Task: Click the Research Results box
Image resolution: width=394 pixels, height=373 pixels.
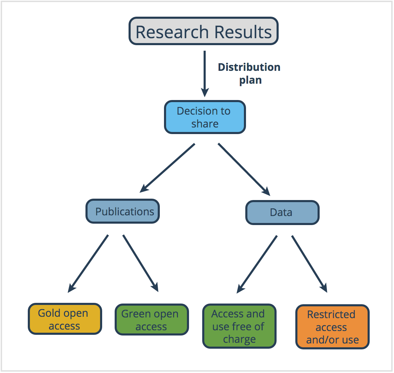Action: (x=204, y=31)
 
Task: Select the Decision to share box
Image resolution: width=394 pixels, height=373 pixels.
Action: (x=205, y=117)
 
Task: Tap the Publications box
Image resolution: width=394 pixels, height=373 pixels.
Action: (x=123, y=211)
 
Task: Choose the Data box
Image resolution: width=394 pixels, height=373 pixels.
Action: (x=282, y=213)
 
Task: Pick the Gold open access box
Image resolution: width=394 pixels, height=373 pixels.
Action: (x=65, y=319)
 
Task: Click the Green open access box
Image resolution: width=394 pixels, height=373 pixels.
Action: (x=152, y=320)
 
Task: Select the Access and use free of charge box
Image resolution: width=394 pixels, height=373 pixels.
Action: (x=239, y=326)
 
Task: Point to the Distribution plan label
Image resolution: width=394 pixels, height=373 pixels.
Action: (x=249, y=74)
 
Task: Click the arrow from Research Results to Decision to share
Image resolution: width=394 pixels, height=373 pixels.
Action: (x=205, y=74)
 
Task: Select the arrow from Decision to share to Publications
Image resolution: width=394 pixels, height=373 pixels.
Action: (x=167, y=168)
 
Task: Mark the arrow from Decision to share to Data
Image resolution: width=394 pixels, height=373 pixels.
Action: (x=244, y=169)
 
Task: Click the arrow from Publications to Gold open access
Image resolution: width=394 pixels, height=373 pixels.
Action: (x=88, y=264)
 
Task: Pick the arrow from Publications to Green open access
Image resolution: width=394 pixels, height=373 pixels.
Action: (x=141, y=264)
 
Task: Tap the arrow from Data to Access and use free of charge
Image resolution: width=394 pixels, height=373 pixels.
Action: (x=257, y=265)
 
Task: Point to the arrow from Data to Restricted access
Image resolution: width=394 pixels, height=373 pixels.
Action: (x=310, y=264)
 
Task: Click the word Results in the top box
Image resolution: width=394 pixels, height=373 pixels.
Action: (x=243, y=32)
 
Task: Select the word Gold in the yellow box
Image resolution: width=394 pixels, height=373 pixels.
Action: (x=49, y=313)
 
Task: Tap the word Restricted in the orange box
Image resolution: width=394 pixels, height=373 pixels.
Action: (x=331, y=314)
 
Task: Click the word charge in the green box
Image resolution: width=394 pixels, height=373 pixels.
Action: (x=239, y=339)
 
